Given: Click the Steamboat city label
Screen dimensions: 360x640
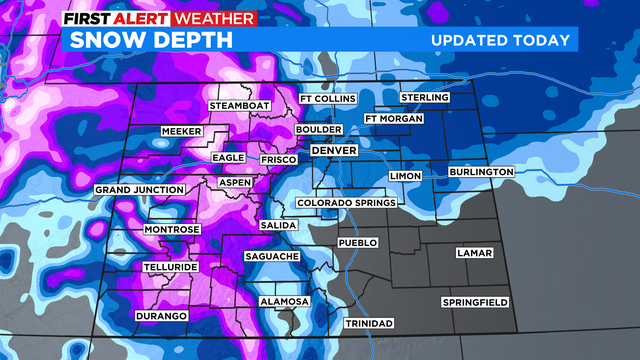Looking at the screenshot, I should click(241, 106).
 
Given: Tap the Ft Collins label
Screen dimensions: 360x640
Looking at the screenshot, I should click(327, 98).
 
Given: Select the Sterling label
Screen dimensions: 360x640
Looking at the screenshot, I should click(424, 97).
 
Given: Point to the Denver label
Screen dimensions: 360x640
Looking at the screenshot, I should click(334, 150).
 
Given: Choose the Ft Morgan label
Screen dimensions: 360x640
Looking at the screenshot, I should click(394, 119).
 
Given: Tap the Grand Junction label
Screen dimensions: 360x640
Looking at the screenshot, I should click(139, 189).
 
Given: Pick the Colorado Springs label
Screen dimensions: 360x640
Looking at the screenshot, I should click(347, 203).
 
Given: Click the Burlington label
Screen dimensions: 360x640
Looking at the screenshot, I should click(481, 172).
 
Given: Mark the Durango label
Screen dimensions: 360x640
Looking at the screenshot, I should click(160, 316).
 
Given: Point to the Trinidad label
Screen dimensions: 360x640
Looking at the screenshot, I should click(368, 324).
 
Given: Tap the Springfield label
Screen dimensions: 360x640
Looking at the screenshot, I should click(475, 302).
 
